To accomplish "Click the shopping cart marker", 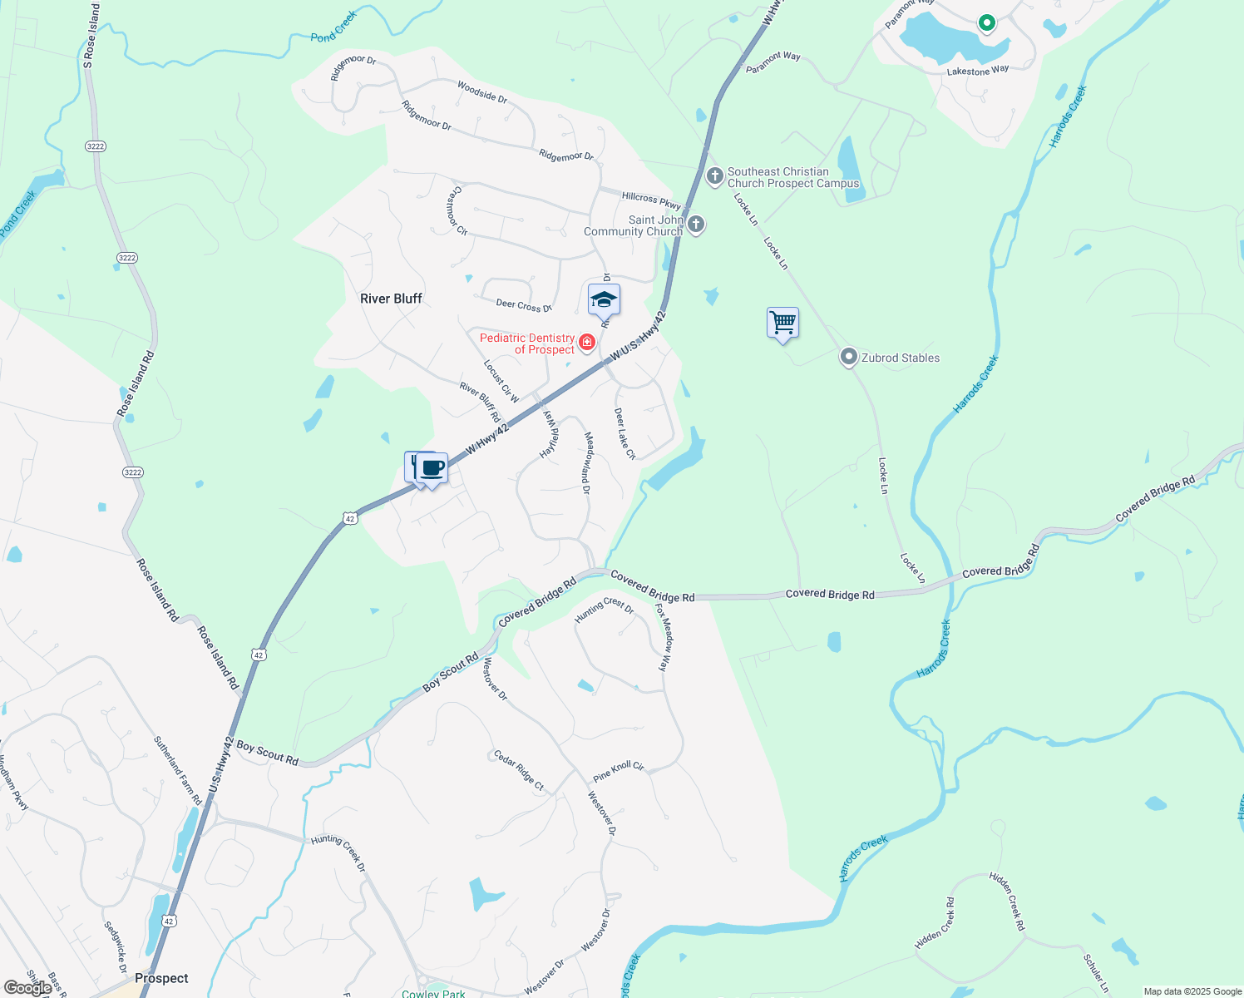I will click(x=782, y=323).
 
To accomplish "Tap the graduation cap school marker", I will click(x=604, y=300).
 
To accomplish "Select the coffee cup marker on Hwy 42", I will click(x=432, y=468).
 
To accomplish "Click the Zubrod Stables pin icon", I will click(x=848, y=358).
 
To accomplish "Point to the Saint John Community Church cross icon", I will click(x=696, y=225).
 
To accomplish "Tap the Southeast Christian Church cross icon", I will click(x=714, y=176).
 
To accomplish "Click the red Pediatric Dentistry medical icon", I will click(x=587, y=343).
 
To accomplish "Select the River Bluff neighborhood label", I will click(x=391, y=299).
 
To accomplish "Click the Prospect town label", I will click(x=161, y=978).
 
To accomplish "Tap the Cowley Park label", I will click(x=433, y=993).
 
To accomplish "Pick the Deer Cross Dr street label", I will click(x=524, y=305).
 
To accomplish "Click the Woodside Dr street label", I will click(x=482, y=91).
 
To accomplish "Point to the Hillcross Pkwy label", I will click(x=651, y=199).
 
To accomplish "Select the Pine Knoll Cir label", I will click(x=619, y=772).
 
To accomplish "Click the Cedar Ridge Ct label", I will click(x=519, y=770).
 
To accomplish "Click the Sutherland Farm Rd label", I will click(x=178, y=770).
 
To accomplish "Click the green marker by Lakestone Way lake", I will click(x=986, y=23).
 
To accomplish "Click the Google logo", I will click(x=27, y=987).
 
